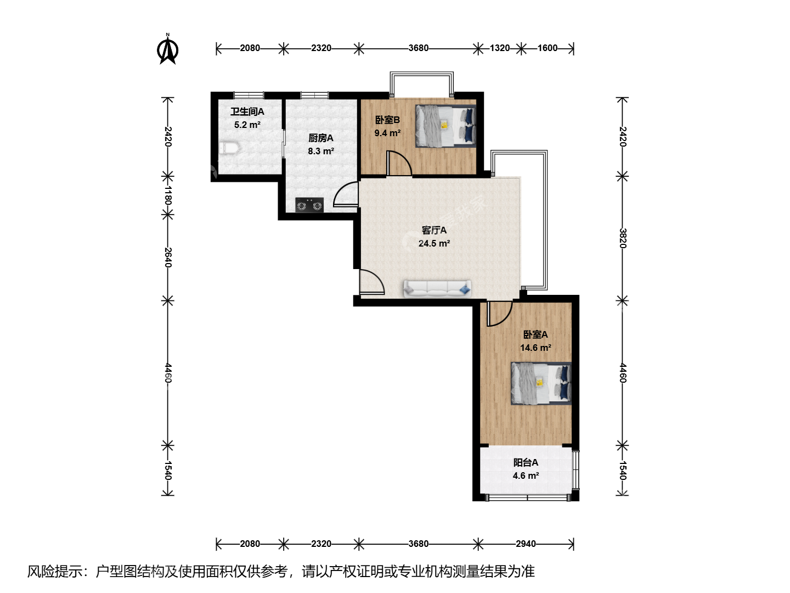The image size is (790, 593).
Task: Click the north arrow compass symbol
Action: click(168, 49)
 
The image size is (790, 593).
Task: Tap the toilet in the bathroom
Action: click(229, 148)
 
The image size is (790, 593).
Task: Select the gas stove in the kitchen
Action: click(309, 205)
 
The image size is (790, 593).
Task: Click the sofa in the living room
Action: click(437, 289)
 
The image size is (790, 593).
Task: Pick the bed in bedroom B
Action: click(446, 126)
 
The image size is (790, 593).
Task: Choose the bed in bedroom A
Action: click(541, 383)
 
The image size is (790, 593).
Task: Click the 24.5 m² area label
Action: click(434, 243)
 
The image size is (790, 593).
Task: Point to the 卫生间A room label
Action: click(247, 111)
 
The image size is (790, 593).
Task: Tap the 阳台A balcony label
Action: click(526, 462)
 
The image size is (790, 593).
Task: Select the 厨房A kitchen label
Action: click(321, 138)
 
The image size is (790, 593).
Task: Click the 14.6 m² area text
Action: click(535, 348)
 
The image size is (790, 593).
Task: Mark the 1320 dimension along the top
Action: click(500, 48)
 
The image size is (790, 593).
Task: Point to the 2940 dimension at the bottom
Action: click(526, 544)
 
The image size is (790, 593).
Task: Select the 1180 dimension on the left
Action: click(168, 195)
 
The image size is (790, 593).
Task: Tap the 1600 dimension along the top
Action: click(548, 48)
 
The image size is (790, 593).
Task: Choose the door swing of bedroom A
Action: click(500, 314)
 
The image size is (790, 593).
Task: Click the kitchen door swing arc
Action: click(346, 194)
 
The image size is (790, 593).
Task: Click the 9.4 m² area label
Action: click(387, 133)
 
